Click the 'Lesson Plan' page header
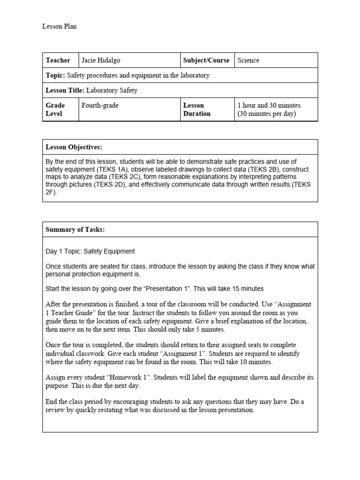pos(60,27)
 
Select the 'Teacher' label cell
pos(58,60)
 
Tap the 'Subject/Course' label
pos(206,60)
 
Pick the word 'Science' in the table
pos(248,60)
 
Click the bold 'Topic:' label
pos(55,75)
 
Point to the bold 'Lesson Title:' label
pos(65,90)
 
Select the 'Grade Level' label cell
pos(55,110)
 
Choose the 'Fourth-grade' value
pos(100,105)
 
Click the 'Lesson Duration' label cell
pos(197,110)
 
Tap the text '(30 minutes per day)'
pos(267,114)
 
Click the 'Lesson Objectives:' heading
pos(74,147)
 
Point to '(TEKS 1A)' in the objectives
pos(123,169)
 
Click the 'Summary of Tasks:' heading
pos(75,230)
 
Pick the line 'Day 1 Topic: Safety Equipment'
pos(90,252)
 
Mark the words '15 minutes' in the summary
pos(246,289)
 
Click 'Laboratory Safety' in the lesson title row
pos(112,90)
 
